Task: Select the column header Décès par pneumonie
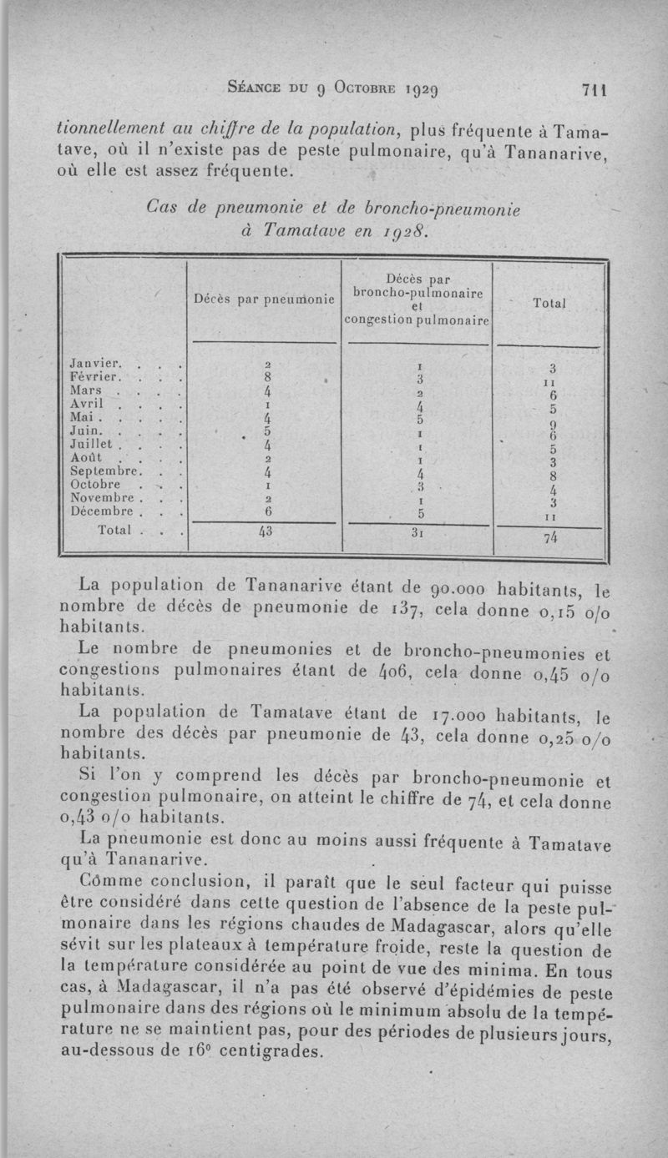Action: click(x=264, y=297)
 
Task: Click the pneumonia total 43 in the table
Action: click(x=266, y=532)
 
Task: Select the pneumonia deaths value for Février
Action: click(x=266, y=377)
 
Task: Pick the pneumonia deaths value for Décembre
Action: click(x=266, y=510)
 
